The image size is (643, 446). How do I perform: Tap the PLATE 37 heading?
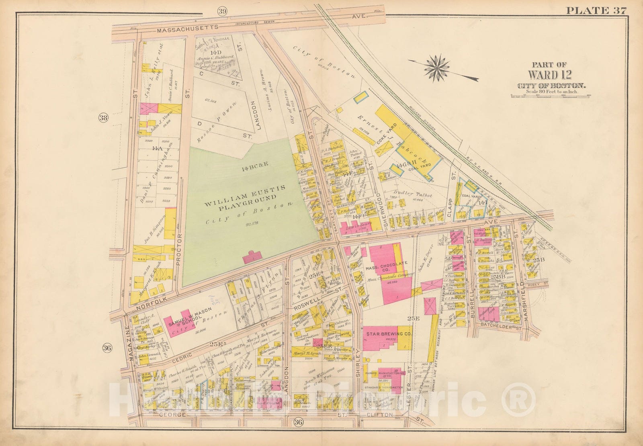click(596, 11)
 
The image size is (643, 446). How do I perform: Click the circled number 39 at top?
click(222, 11)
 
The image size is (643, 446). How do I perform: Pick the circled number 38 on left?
click(103, 118)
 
